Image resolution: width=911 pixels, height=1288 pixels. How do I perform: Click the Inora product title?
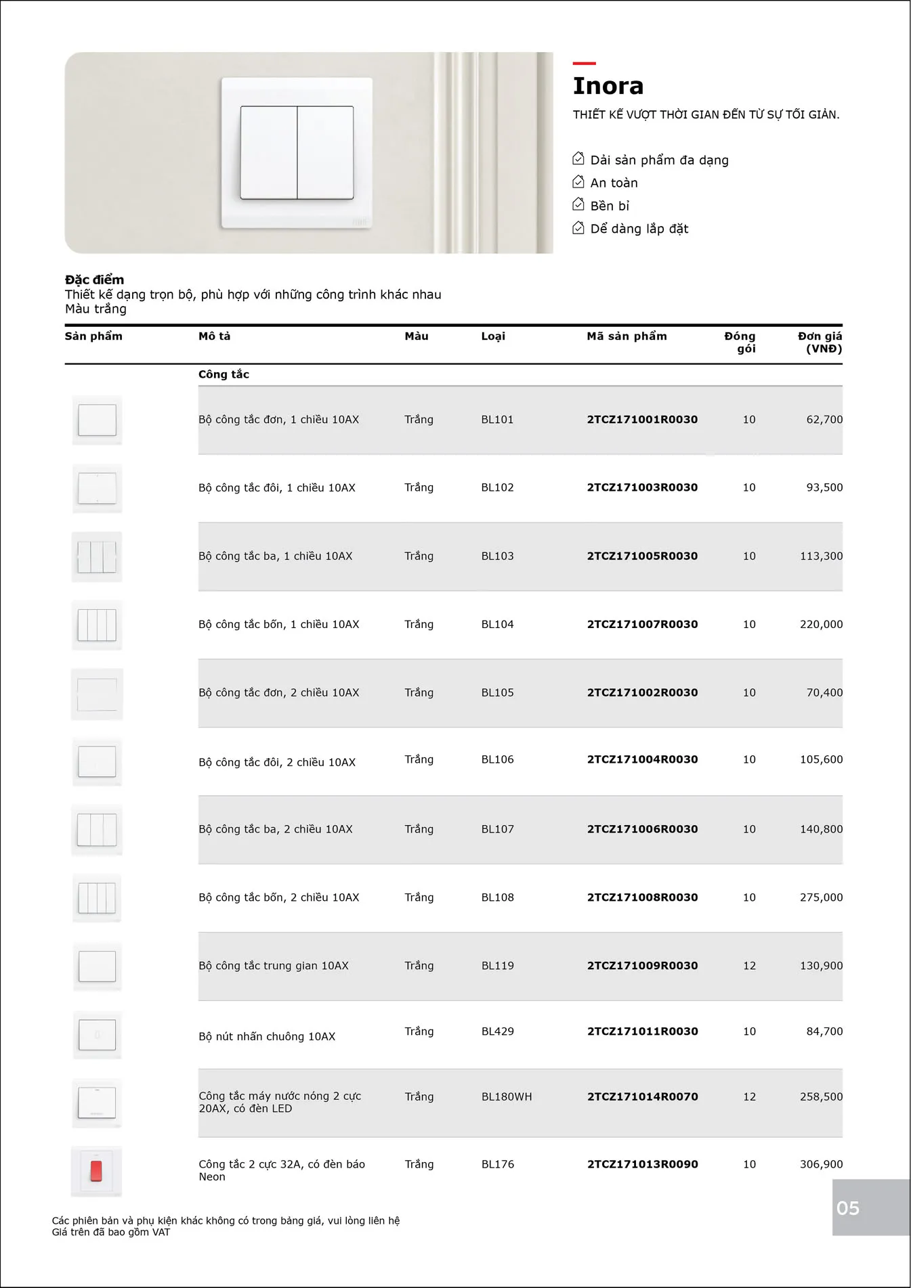click(608, 86)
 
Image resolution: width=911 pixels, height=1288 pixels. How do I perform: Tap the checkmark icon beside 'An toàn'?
click(578, 182)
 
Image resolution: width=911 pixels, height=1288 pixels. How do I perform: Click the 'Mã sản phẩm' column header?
click(627, 336)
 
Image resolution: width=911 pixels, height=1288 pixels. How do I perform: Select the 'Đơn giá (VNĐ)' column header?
click(820, 342)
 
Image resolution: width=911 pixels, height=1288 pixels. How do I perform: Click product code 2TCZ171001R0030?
click(642, 420)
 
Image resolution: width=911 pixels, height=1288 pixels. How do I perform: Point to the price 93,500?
click(824, 487)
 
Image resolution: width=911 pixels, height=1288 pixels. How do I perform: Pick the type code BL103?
click(497, 556)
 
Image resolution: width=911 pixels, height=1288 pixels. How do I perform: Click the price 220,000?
click(821, 625)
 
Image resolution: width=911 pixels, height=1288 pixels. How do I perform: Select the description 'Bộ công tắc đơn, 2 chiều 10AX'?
click(278, 693)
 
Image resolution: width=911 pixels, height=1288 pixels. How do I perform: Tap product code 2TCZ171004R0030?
click(642, 760)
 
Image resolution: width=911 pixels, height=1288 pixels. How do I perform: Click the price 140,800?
click(821, 829)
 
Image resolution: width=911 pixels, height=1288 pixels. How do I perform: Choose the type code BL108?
click(497, 897)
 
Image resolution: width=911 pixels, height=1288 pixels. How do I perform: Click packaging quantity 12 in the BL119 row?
click(749, 966)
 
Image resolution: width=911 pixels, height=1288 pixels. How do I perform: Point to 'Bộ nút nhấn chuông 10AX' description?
click(267, 1037)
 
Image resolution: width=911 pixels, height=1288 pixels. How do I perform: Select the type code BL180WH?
click(507, 1097)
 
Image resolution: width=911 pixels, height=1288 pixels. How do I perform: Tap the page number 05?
click(848, 1208)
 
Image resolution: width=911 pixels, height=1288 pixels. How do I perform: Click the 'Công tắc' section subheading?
click(224, 374)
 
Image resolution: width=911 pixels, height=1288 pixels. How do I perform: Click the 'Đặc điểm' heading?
click(94, 280)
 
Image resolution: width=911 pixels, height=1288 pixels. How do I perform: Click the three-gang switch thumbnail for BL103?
click(97, 557)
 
